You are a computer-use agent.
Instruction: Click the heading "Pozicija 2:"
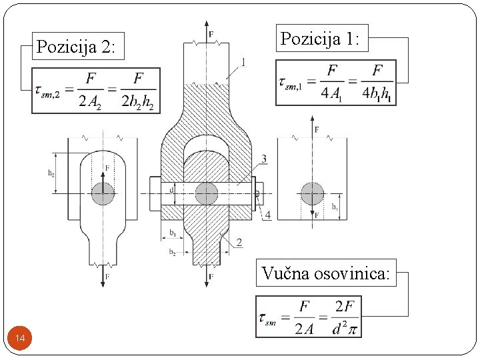tap(76, 47)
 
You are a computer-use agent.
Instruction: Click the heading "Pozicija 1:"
tap(320, 39)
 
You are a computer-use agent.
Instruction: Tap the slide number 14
tap(20, 340)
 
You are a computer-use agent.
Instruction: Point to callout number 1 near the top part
tap(243, 62)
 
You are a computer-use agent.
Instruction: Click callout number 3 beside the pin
tap(265, 159)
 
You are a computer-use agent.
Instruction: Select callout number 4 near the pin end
tap(267, 215)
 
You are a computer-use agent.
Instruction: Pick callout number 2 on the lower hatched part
tap(239, 242)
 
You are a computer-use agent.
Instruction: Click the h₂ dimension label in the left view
tap(51, 173)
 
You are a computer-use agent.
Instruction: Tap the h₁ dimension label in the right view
tap(335, 207)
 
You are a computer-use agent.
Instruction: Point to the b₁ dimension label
tap(172, 233)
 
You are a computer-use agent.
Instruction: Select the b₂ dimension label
tap(172, 252)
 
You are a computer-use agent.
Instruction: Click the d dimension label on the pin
tap(171, 189)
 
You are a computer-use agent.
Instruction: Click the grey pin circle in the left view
tap(103, 194)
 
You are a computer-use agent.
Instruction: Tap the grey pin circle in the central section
tap(207, 194)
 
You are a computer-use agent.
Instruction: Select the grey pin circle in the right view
tap(312, 193)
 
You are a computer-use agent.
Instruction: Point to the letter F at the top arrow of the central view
tap(211, 33)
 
